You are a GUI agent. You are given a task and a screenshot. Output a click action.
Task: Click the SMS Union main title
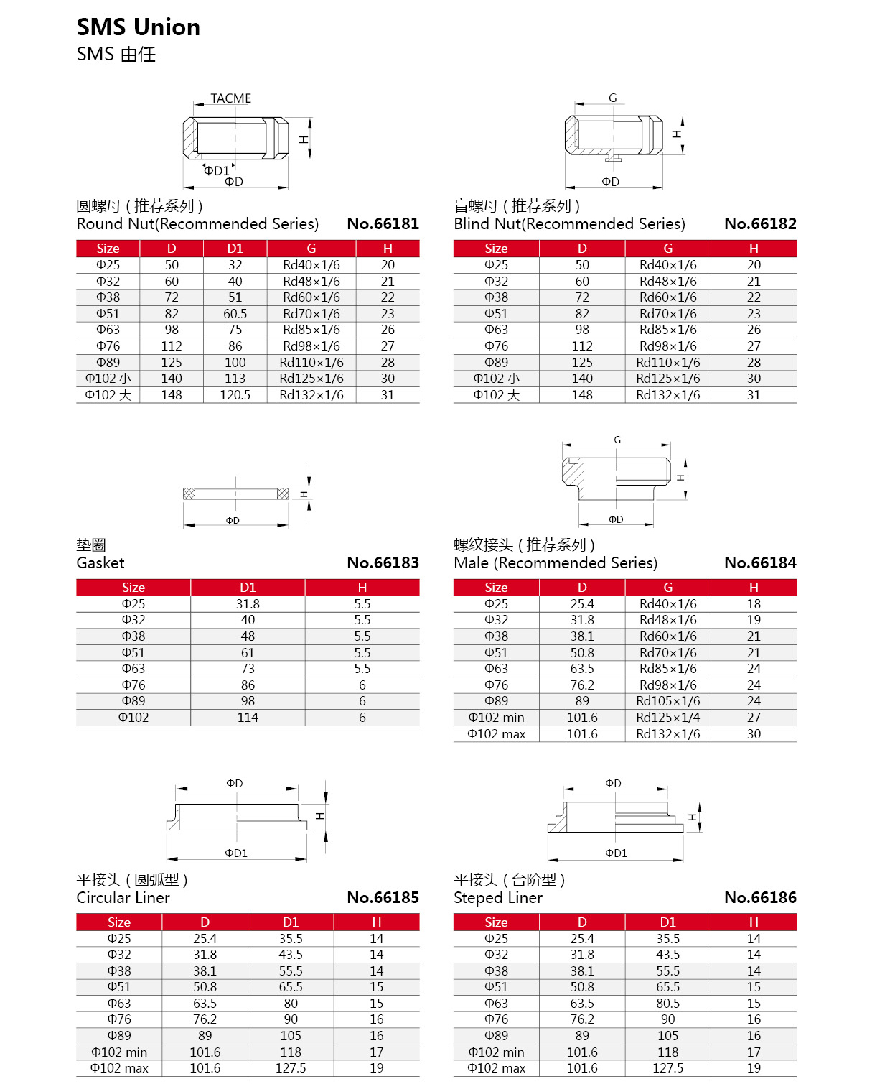[x=139, y=27]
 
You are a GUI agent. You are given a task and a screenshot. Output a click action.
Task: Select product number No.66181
[x=383, y=224]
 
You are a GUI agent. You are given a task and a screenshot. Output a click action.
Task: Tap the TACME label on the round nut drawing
[x=230, y=98]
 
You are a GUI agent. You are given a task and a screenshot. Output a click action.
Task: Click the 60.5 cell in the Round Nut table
[x=235, y=314]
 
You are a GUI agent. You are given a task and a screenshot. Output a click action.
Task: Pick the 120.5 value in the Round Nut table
[x=235, y=395]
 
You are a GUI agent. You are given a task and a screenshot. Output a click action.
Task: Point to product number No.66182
[x=760, y=224]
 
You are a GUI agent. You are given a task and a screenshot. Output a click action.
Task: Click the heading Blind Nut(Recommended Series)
[x=569, y=224]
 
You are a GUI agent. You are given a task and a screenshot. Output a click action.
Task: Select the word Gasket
[x=100, y=563]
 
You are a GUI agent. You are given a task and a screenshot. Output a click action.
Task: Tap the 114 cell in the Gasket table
[x=248, y=718]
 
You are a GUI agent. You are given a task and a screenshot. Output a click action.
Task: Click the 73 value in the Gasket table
[x=248, y=669]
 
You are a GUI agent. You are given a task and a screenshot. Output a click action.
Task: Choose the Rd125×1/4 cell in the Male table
[x=667, y=718]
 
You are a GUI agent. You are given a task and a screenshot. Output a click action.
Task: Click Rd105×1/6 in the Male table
[x=667, y=701]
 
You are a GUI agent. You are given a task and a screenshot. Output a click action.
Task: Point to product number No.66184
[x=760, y=563]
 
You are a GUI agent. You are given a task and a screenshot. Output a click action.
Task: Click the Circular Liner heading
[x=123, y=898]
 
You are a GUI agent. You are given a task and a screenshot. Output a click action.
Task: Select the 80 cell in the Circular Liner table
[x=291, y=1004]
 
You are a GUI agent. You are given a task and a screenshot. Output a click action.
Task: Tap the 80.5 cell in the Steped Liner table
[x=667, y=1004]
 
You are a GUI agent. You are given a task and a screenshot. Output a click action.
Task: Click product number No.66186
[x=760, y=898]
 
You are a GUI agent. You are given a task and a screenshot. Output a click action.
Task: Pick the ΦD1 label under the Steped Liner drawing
[x=616, y=853]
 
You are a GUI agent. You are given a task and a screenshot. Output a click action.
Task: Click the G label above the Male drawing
[x=617, y=440]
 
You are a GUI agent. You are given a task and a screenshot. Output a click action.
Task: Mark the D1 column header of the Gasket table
[x=248, y=588]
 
